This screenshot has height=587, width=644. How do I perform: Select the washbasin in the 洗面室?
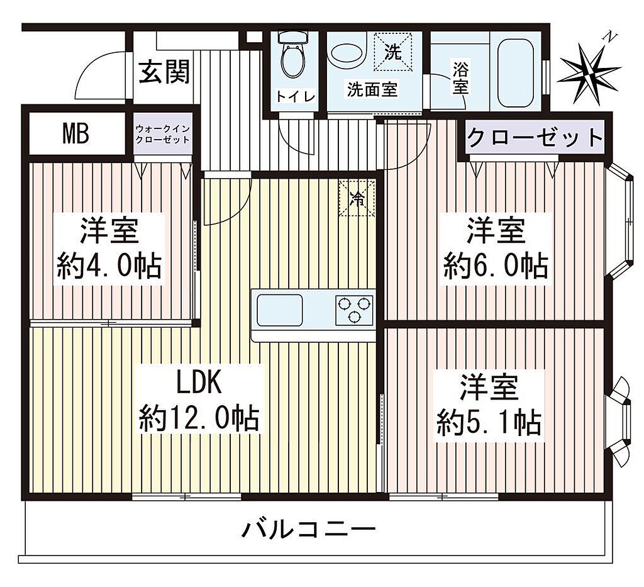348,53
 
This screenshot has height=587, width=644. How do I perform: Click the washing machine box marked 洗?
392,52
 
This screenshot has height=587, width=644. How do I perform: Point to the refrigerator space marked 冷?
357,198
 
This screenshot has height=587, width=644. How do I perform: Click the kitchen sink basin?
279,310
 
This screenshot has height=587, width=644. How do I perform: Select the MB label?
76,134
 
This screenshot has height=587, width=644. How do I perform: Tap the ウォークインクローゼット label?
163,134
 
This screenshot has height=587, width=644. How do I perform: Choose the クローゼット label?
535,138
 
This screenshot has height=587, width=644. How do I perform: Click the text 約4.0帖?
109,266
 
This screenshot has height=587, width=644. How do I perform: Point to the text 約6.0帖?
496,266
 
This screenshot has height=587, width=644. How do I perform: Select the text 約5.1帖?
489,422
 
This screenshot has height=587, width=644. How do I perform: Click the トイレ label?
296,96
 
